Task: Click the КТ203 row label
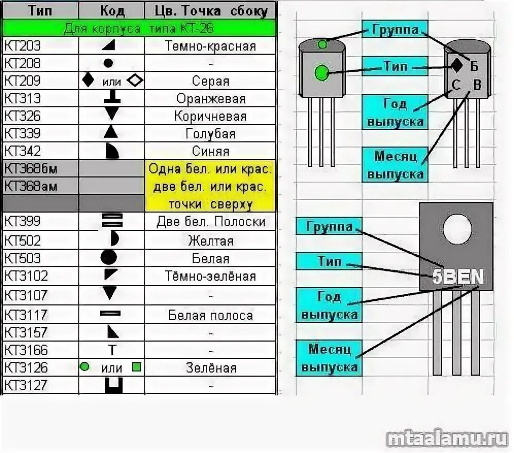[x=23, y=46]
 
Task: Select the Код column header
[x=111, y=11]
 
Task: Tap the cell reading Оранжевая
[x=211, y=99]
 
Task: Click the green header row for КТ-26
[x=139, y=28]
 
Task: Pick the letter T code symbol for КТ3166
[x=112, y=350]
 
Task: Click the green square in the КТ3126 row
[x=136, y=367]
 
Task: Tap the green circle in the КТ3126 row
[x=85, y=367]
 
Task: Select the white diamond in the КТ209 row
[x=135, y=80]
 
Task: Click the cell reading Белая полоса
[x=211, y=315]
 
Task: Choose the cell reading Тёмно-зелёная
[x=211, y=276]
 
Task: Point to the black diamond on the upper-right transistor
[x=456, y=65]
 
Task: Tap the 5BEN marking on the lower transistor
[x=458, y=277]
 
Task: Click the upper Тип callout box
[x=395, y=66]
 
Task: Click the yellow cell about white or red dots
[x=210, y=186]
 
